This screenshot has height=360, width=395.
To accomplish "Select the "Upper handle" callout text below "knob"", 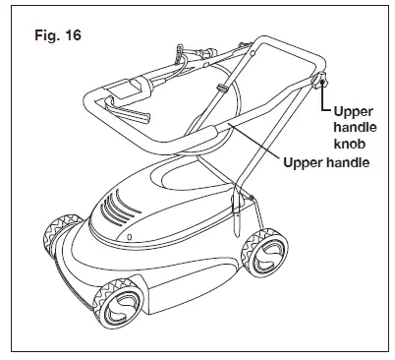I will pos(327,161).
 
